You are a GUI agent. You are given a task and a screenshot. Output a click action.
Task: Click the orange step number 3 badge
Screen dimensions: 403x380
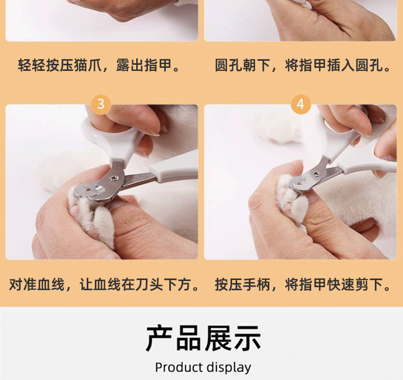(101, 104)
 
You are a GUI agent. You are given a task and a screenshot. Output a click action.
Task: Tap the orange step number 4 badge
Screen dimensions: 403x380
(300, 104)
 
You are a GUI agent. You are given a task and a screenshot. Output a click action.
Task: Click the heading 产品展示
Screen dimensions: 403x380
(204, 338)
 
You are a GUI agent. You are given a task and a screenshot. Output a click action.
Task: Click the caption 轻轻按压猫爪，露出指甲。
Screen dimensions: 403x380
(99, 65)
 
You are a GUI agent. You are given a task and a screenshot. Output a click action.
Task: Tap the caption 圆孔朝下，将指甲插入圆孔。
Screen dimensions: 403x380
(303, 65)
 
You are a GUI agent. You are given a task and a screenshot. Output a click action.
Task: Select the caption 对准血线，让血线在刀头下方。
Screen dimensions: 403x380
(104, 285)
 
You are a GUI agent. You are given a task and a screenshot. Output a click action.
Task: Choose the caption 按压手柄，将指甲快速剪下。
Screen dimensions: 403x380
(303, 285)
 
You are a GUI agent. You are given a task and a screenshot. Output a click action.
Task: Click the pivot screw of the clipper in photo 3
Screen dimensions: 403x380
(113, 178)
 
